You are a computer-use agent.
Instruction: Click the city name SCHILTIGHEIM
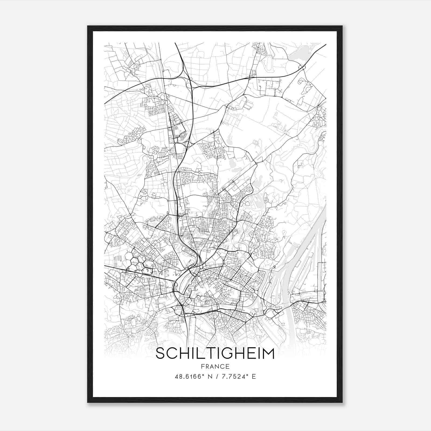(x=215, y=353)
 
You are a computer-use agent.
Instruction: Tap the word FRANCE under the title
(x=215, y=366)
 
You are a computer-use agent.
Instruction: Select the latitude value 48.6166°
(x=190, y=376)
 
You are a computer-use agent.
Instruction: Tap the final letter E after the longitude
(x=254, y=376)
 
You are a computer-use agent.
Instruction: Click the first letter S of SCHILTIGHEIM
(x=161, y=353)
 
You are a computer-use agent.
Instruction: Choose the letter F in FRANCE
(x=202, y=366)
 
